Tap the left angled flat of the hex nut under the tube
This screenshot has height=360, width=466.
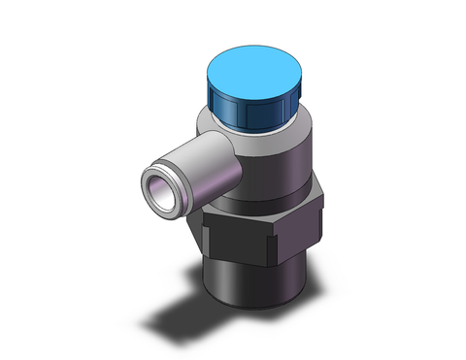click(216, 225)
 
